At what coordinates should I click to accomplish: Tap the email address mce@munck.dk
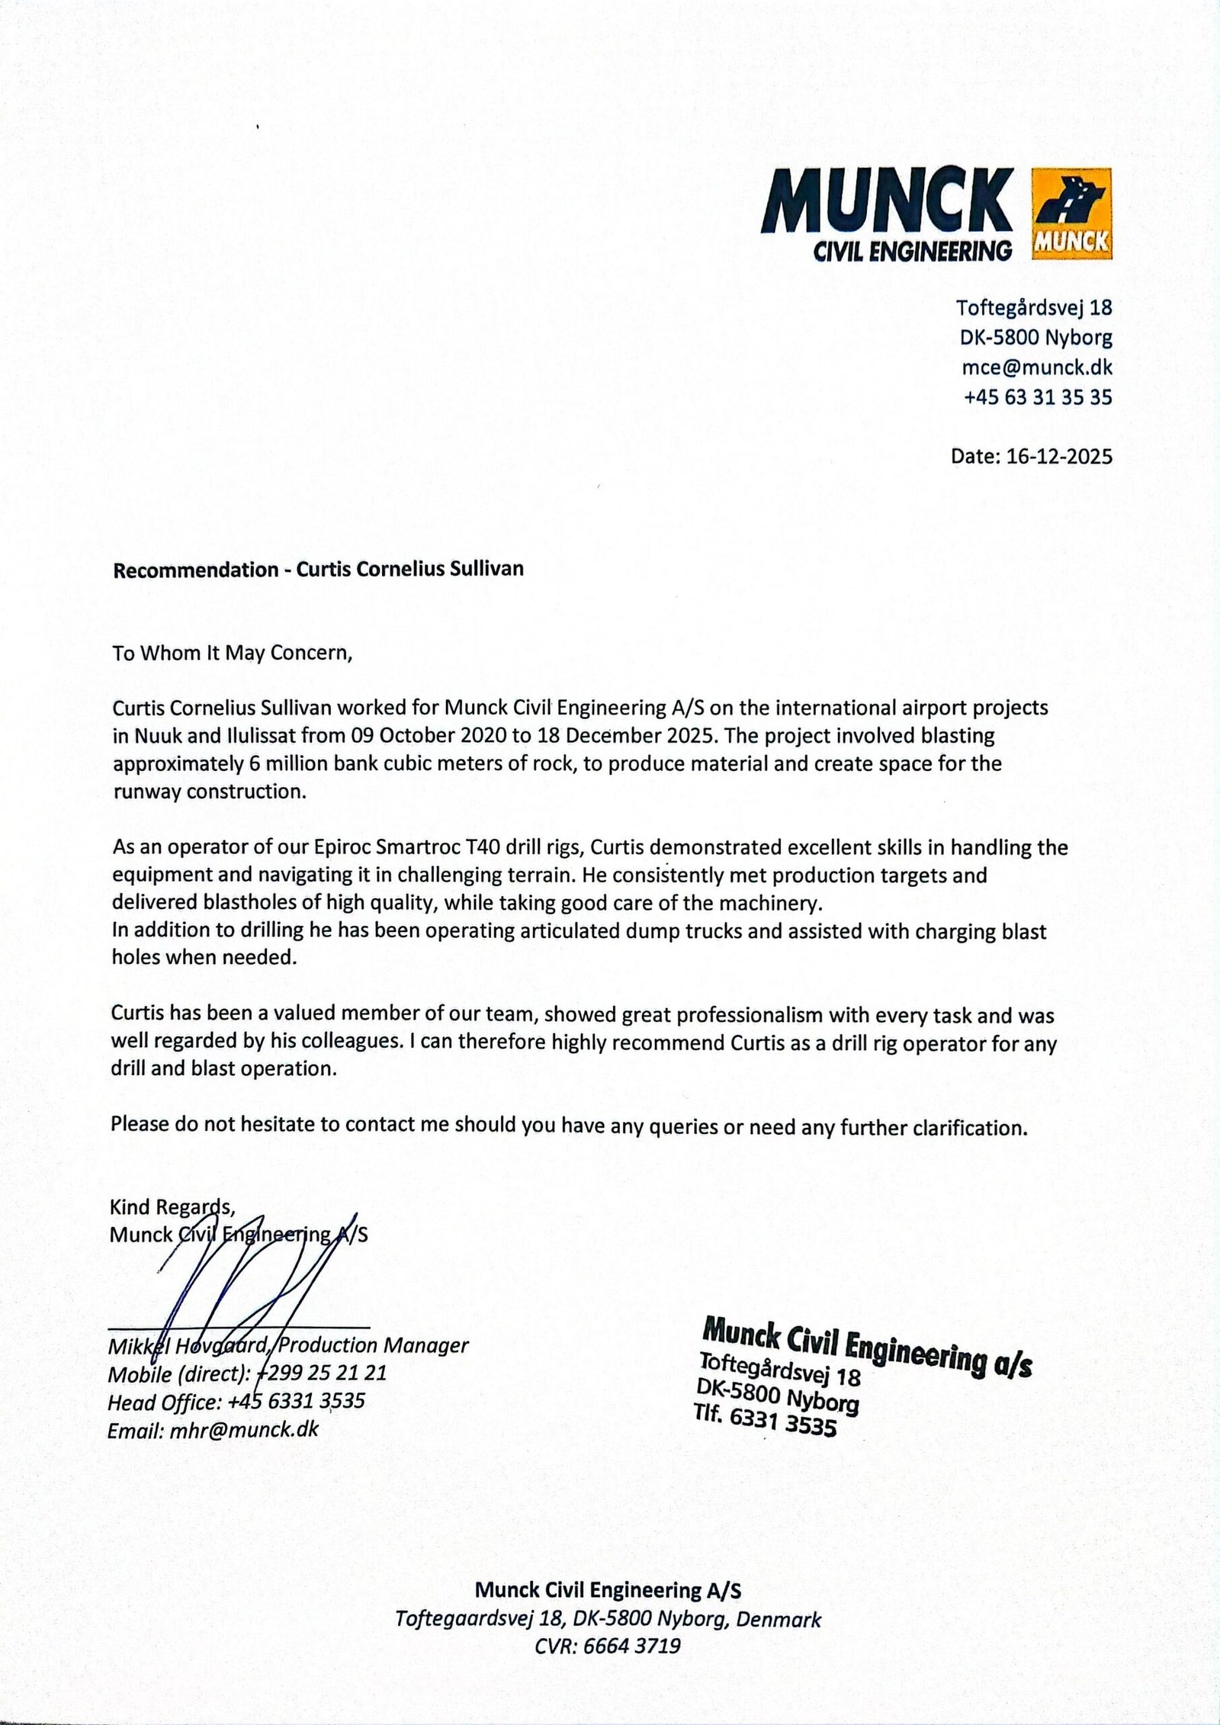pos(1036,368)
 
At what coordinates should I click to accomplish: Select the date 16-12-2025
pos(1059,456)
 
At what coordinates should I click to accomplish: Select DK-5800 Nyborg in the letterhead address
pos(1034,338)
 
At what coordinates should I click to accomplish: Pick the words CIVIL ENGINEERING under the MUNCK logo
pos(913,250)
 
